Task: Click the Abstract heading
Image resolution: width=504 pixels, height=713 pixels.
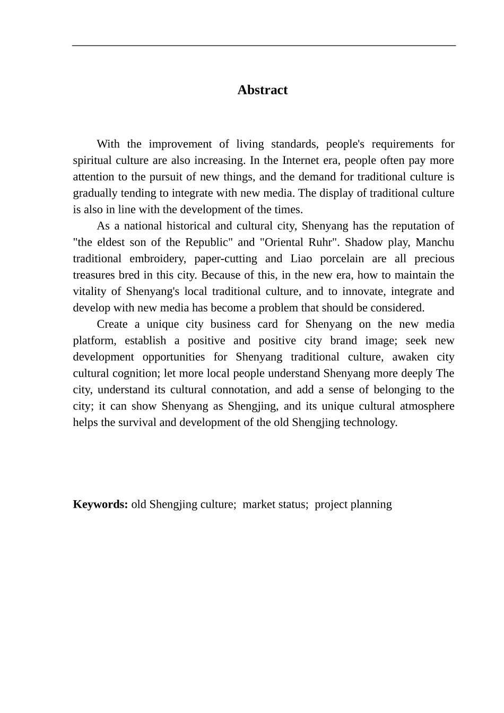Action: point(262,90)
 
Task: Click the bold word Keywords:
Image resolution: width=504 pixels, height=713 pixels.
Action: point(100,505)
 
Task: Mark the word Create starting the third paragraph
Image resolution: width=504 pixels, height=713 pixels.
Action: point(112,325)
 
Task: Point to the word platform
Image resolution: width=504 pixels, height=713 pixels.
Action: point(92,341)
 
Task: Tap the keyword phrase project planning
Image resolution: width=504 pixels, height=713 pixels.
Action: point(353,505)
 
